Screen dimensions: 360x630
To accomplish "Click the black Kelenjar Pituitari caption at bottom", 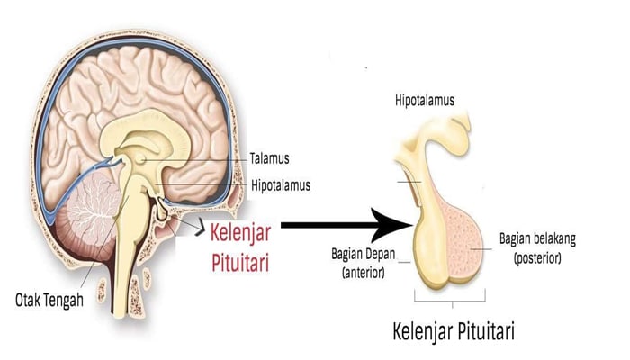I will tap(455, 329).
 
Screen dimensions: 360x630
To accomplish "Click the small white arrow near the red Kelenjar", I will tap(193, 235).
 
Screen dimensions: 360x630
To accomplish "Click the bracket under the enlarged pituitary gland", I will tap(451, 296).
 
